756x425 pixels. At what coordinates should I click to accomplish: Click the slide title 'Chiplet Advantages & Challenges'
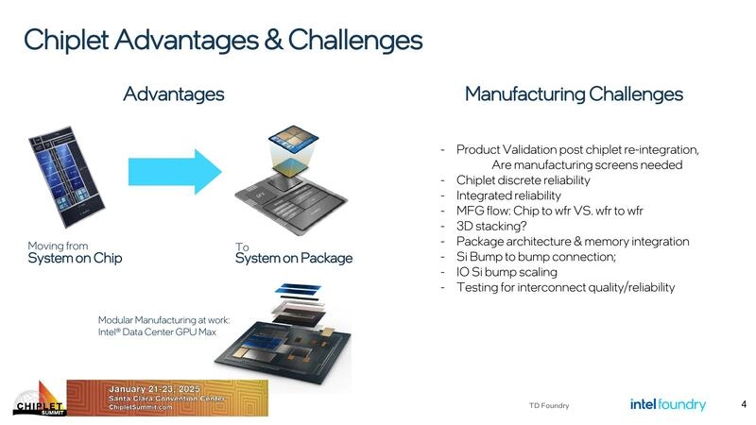pyautogui.click(x=222, y=40)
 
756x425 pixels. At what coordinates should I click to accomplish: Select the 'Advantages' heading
pyautogui.click(x=173, y=93)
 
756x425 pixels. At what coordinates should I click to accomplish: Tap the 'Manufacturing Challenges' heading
pyautogui.click(x=574, y=93)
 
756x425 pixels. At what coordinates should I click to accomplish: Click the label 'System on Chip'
pyautogui.click(x=75, y=259)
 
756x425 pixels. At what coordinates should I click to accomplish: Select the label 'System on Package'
pyautogui.click(x=293, y=259)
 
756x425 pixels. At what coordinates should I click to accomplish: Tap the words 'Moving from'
pyautogui.click(x=58, y=246)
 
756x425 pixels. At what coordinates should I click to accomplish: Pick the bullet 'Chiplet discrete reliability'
pyautogui.click(x=523, y=180)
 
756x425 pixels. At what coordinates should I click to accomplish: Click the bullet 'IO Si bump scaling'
pyautogui.click(x=507, y=272)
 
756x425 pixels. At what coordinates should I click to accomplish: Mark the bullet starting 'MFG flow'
pyautogui.click(x=550, y=211)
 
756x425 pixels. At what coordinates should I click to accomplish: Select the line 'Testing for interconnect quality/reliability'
pyautogui.click(x=565, y=287)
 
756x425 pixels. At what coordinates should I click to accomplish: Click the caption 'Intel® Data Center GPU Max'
pyautogui.click(x=160, y=331)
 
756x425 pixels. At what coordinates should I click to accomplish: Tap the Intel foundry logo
pyautogui.click(x=667, y=404)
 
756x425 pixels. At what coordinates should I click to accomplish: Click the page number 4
pyautogui.click(x=743, y=404)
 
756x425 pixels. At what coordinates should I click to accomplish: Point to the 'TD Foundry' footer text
pyautogui.click(x=549, y=406)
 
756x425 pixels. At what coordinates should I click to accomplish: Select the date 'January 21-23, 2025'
pyautogui.click(x=152, y=389)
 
